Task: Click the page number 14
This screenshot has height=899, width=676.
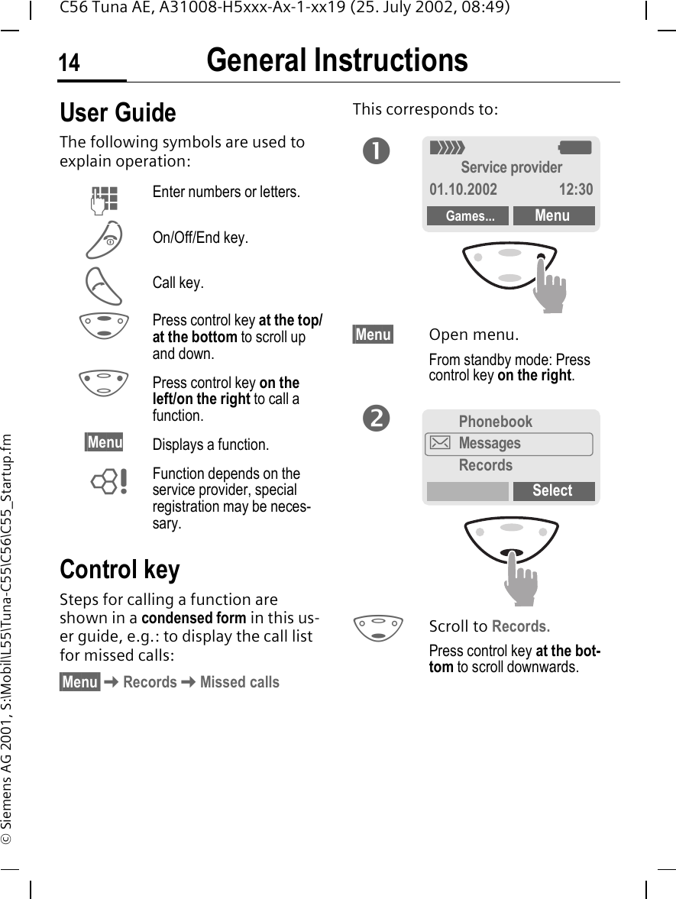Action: pos(70,63)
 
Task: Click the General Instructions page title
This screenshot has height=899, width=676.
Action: pos(337,61)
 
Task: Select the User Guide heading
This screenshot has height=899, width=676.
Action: pos(118,113)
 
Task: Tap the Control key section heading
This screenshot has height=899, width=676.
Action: pos(120,570)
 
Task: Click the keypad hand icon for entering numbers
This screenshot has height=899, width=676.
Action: pos(104,196)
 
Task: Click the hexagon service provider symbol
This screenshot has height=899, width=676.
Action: pos(108,481)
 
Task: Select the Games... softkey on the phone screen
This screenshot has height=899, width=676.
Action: pos(467,216)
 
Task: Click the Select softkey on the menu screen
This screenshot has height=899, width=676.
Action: pos(552,491)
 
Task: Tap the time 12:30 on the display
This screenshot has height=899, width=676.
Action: pos(575,189)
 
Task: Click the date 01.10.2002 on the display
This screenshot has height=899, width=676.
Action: pos(463,189)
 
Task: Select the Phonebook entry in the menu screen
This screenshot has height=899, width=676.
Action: pos(495,422)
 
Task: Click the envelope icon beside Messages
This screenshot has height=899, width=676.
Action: pos(441,443)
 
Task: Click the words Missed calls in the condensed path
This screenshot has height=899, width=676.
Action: pos(239,682)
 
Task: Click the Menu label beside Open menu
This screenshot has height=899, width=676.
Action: pos(373,335)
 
